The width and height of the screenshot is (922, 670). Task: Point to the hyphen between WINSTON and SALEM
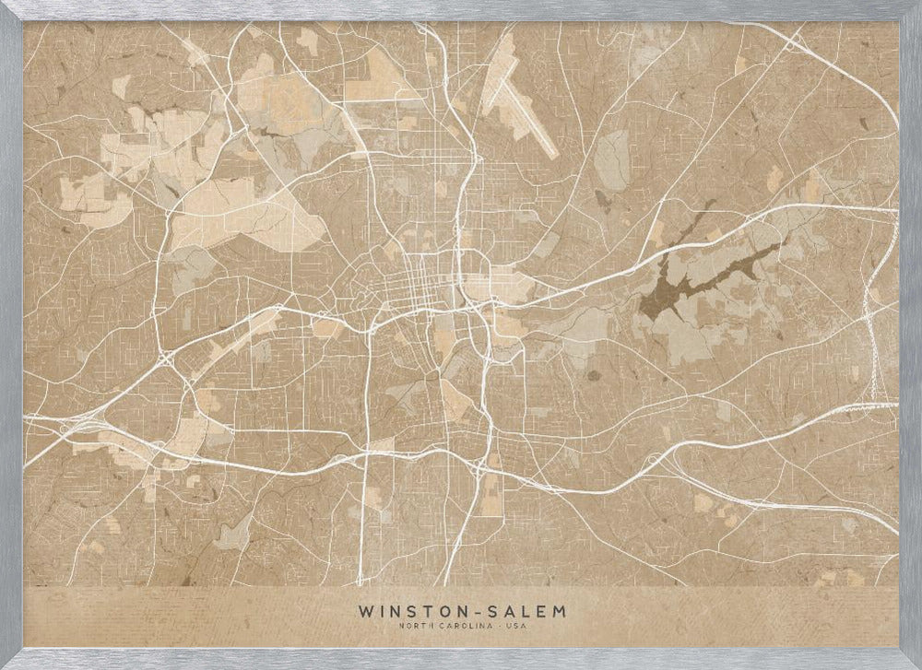[478, 611]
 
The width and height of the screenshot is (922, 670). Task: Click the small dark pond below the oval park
[603, 198]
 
